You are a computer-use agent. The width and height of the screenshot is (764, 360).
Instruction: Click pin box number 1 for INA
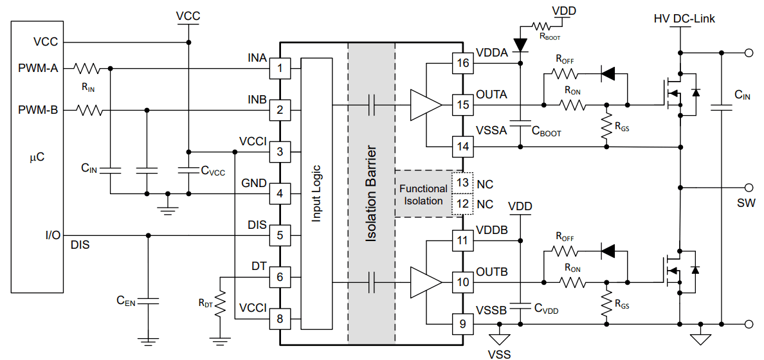click(x=279, y=67)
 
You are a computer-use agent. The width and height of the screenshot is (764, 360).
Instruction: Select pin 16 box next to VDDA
click(x=462, y=63)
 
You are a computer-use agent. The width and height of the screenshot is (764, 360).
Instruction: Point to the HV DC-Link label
click(x=684, y=19)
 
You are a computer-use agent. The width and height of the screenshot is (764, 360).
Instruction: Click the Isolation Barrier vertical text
click(x=371, y=193)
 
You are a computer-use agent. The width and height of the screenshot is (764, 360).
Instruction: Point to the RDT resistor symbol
click(x=221, y=303)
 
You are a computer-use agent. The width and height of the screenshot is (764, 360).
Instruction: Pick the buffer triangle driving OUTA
click(x=425, y=105)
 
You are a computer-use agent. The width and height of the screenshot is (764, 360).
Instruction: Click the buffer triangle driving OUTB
click(x=425, y=282)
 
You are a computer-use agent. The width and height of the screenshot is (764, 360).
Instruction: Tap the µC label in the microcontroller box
click(x=37, y=156)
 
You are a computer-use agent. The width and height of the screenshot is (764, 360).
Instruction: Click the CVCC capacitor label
click(x=213, y=170)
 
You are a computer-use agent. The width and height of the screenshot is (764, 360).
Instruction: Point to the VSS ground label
click(x=500, y=353)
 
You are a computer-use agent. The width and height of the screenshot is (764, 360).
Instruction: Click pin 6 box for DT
click(x=279, y=277)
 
